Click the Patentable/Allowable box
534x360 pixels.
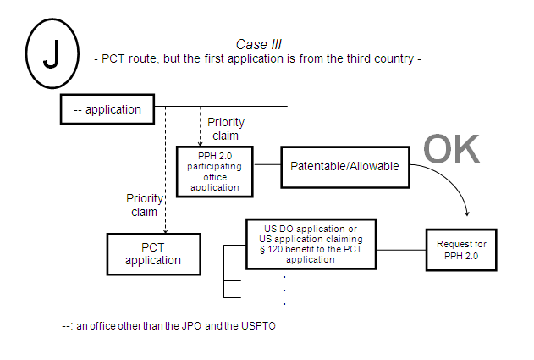344,166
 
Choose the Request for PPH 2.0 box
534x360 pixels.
461,250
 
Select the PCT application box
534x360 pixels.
153,253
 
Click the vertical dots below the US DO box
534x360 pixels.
284,290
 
